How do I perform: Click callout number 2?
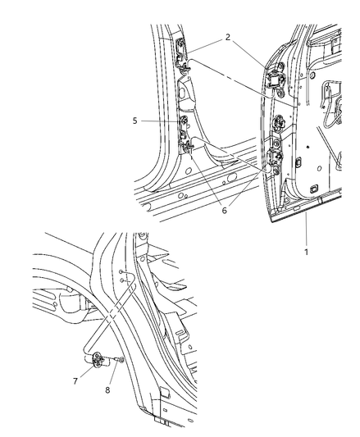point(228,37)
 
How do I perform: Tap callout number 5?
point(135,121)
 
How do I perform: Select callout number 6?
point(225,211)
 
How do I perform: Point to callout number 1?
point(306,252)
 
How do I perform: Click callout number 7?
point(75,381)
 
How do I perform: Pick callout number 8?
point(107,390)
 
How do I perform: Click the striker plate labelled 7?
point(98,360)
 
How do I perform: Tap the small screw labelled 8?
point(120,361)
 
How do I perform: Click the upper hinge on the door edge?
point(276,80)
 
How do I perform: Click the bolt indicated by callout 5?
point(184,121)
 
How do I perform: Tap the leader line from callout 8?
point(114,373)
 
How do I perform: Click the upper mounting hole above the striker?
point(121,271)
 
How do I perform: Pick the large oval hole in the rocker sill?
point(231,176)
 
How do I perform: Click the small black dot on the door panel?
point(308,147)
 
